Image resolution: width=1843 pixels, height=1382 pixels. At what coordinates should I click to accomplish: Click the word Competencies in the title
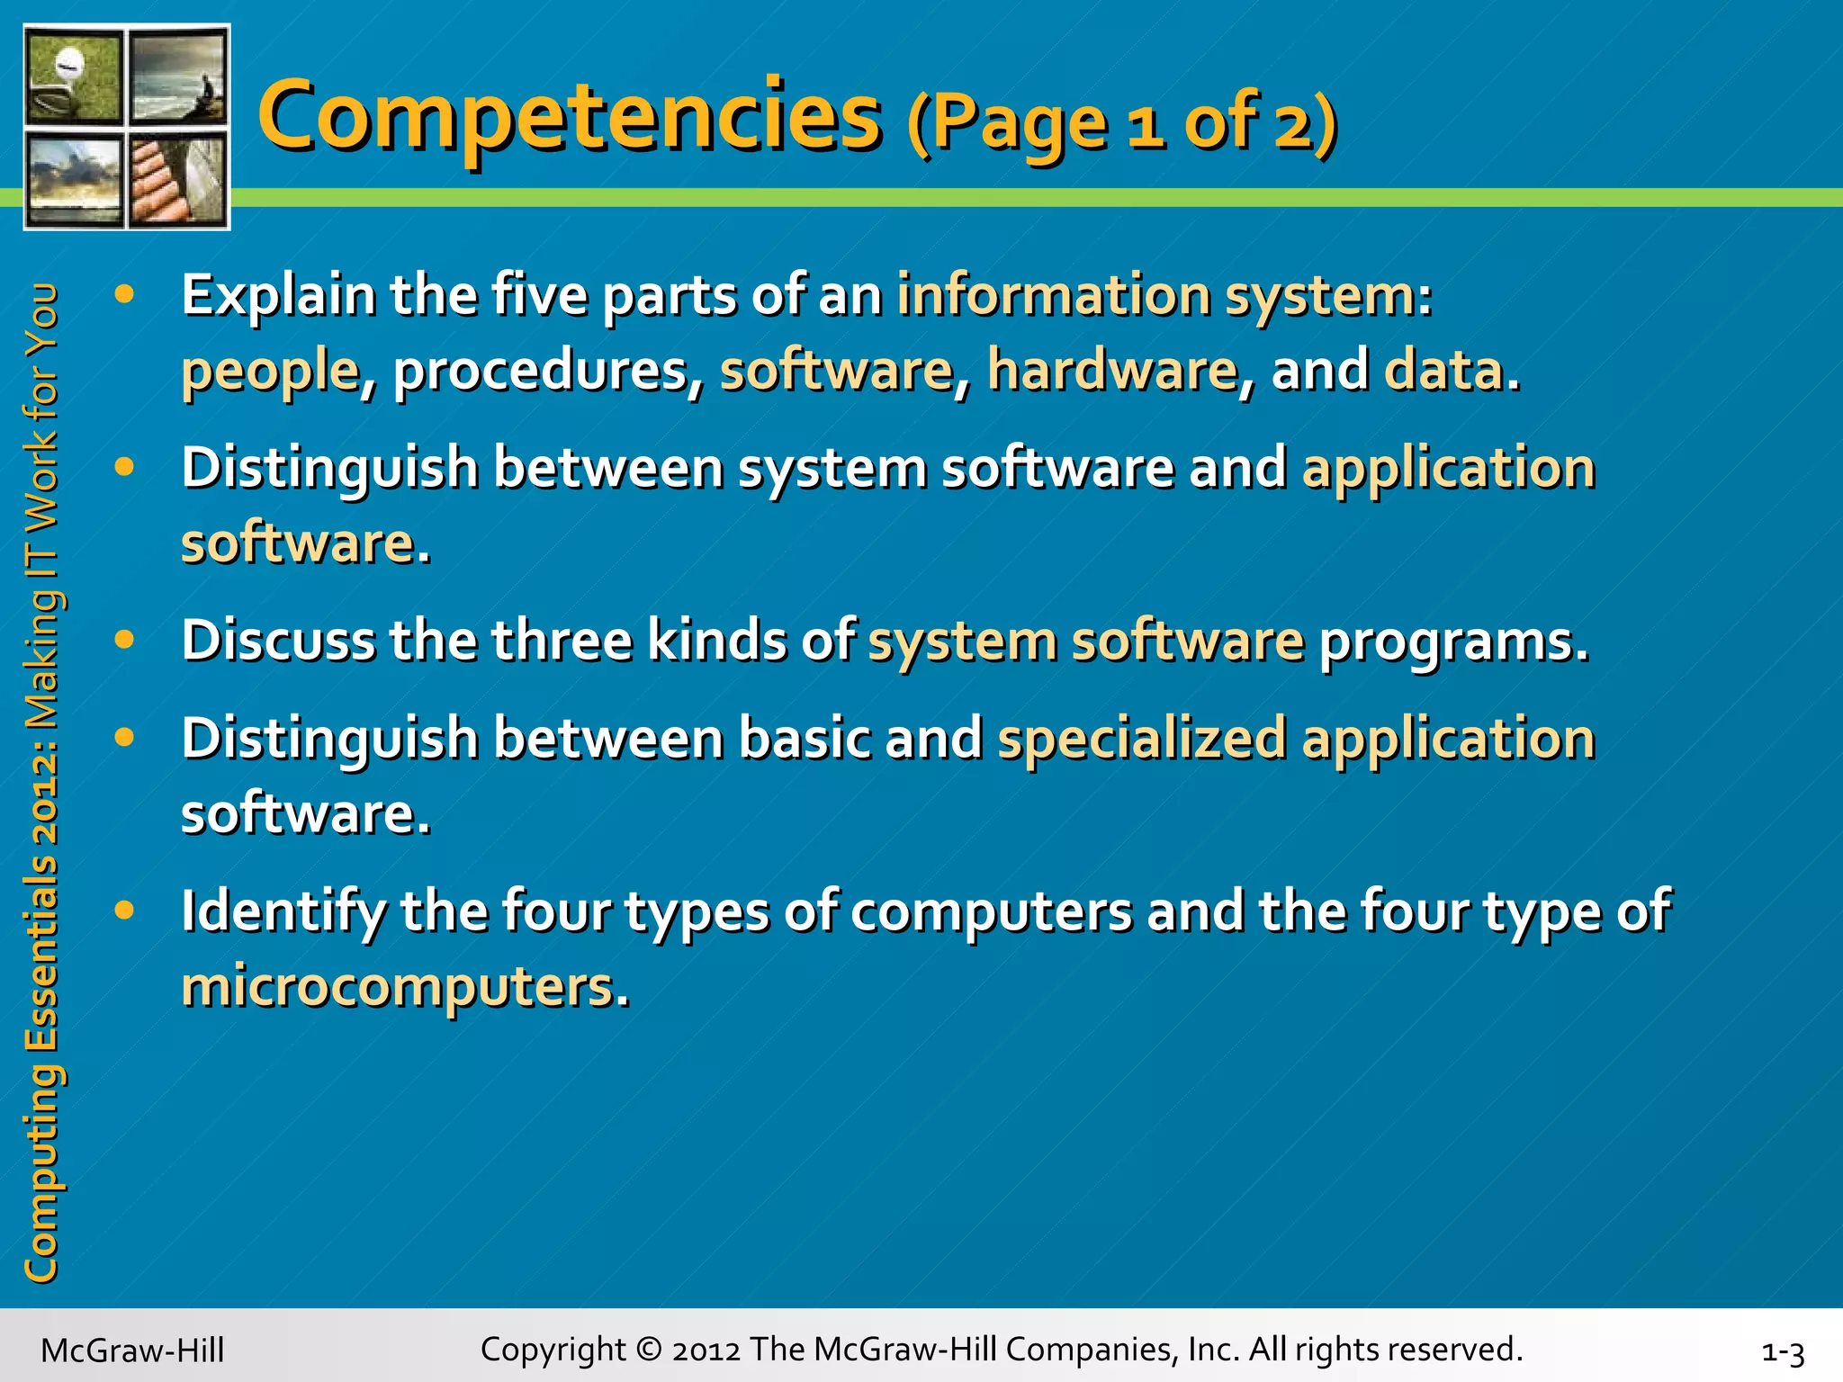569,117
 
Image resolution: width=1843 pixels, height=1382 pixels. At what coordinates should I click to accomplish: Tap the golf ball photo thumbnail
75,76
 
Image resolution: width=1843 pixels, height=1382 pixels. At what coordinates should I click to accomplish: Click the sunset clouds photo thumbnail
75,178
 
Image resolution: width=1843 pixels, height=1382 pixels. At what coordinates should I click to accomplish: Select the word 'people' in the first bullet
270,371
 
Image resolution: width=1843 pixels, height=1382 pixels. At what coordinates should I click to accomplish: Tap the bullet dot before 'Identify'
125,909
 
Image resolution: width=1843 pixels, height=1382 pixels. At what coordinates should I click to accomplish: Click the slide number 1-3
1783,1352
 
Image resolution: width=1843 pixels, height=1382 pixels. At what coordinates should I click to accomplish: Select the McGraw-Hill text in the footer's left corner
132,1351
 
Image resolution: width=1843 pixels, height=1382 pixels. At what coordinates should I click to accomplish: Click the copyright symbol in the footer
648,1350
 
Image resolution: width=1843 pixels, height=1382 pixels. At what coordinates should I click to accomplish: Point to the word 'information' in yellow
1053,294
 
